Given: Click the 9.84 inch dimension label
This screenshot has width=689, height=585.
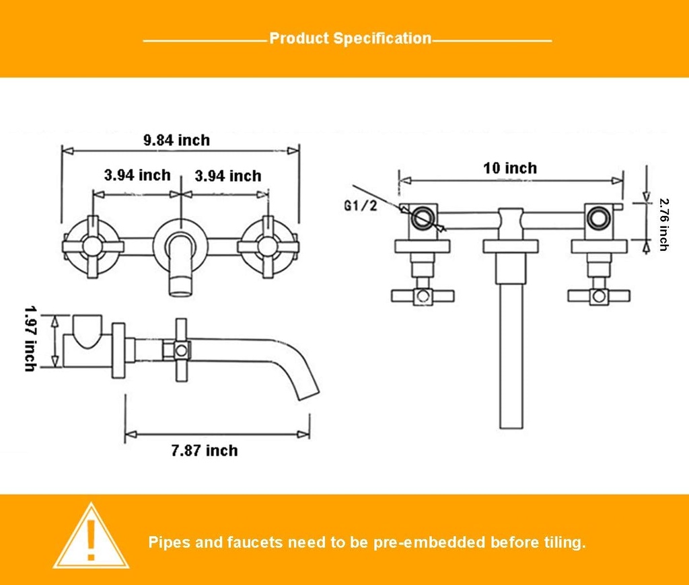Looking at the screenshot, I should point(176,140).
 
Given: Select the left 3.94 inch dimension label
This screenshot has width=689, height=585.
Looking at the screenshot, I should point(137,175).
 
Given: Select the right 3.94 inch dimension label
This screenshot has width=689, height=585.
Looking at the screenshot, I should point(228,175).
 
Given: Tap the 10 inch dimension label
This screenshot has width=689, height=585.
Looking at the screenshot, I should point(510,167).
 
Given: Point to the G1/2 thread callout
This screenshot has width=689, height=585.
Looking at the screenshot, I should point(361,206).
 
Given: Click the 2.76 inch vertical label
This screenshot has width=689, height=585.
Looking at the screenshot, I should point(663,224).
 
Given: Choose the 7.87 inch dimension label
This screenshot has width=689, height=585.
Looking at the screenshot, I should point(205,450).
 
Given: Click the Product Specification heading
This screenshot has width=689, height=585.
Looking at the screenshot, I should point(350,38).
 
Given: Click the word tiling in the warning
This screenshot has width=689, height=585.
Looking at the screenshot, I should point(561,542).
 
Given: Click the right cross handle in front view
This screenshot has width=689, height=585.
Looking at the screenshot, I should point(267,245).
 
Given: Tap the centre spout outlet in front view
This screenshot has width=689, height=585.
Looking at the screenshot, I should point(180,282).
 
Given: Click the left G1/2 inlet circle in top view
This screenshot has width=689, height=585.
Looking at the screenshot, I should point(423,218).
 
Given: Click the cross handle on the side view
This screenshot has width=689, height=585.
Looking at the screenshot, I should point(180,350).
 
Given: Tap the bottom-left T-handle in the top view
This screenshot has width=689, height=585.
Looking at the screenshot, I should point(423,295).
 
